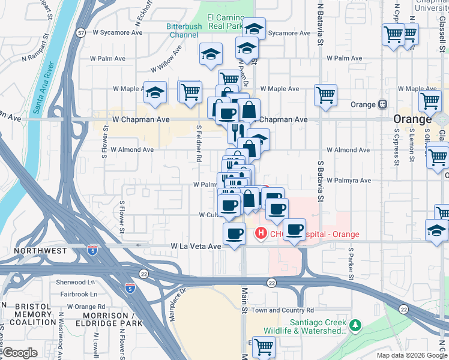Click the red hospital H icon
coord(261,233)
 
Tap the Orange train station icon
coord(382,104)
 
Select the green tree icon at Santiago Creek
coord(356,325)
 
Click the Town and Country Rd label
coord(282,310)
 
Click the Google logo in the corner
coord(19,353)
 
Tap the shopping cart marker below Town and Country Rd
coord(264,346)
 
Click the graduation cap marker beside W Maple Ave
coord(155,93)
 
